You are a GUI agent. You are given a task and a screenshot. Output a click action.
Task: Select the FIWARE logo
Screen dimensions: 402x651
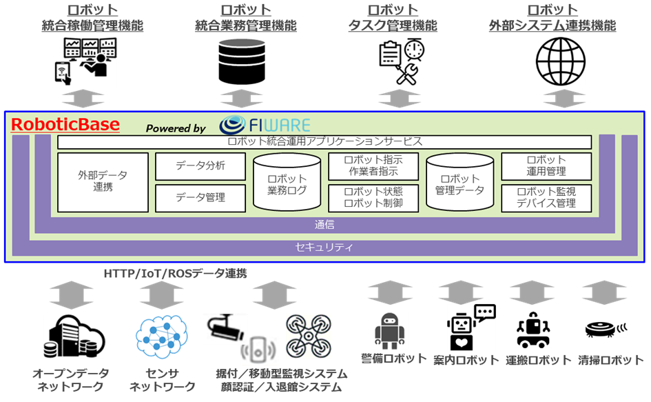(265, 125)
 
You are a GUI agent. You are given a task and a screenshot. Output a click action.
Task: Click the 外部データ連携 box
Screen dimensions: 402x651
(103, 182)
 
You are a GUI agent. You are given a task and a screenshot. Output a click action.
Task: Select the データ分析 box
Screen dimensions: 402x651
(200, 166)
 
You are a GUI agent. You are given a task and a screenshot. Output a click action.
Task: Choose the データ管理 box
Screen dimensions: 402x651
(200, 198)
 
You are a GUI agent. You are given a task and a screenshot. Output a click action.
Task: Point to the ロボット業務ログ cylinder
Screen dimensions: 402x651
(287, 183)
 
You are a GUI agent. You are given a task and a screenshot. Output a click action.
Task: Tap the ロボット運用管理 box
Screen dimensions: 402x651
(546, 166)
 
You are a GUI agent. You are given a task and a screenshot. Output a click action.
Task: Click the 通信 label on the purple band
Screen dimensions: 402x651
(324, 225)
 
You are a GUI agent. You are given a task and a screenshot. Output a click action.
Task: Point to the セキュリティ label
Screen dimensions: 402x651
(324, 246)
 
